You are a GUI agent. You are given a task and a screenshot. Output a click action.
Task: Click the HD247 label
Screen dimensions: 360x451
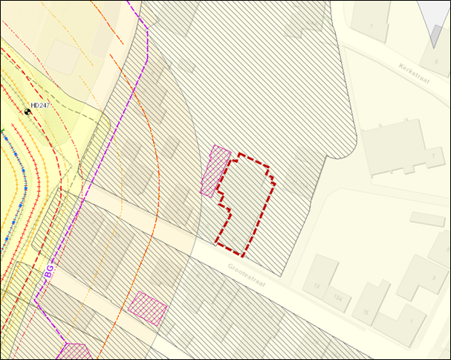(41, 106)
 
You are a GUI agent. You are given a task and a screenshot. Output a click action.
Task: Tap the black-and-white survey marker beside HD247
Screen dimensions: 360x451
(28, 112)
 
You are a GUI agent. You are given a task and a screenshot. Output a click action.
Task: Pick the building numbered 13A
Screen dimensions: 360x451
(339, 298)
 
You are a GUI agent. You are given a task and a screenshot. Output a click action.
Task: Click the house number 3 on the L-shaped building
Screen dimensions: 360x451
(433, 278)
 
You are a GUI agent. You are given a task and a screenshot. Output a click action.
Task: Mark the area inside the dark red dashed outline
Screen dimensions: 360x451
(247, 201)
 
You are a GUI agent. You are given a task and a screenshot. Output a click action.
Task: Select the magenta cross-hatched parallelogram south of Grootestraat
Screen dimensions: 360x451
(147, 307)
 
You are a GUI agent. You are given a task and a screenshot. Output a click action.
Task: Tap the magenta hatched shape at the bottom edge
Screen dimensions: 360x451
(74, 352)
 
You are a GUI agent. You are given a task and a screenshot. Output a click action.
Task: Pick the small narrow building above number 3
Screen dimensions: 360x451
(426, 219)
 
